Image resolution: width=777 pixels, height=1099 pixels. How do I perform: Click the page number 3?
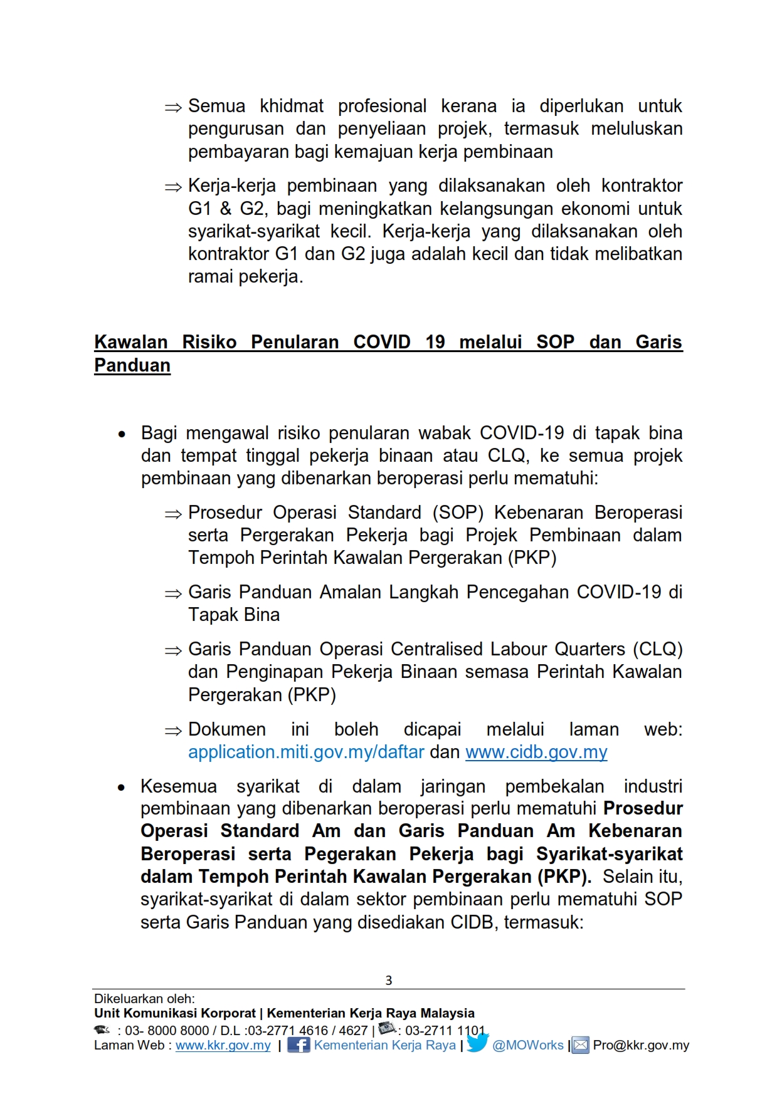coord(388,980)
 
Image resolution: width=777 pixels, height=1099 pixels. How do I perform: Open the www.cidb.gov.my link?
coord(536,752)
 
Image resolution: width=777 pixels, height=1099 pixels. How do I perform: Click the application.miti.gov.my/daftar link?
coord(306,752)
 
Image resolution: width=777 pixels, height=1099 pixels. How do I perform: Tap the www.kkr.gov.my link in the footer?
coord(223,1045)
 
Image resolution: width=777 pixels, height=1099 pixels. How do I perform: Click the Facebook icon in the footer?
coord(299,1044)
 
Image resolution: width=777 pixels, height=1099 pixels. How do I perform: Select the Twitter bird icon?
coord(477,1043)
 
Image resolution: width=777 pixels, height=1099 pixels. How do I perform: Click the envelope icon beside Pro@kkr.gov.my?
coord(581,1045)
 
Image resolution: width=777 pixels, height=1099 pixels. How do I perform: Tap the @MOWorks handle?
coord(527,1045)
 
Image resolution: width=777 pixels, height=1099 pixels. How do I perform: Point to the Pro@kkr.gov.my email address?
coord(641,1045)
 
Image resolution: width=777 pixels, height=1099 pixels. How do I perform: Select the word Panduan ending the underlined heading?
coord(132,365)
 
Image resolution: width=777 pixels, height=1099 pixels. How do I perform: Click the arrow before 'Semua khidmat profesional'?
coord(173,108)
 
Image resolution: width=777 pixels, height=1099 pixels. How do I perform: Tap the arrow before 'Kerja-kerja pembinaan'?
coord(173,187)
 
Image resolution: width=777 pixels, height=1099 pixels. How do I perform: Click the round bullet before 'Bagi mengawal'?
coord(122,434)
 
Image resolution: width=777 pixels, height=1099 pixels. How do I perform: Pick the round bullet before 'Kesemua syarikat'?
coord(122,788)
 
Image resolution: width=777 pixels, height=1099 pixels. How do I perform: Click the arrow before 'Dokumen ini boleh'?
coord(173,731)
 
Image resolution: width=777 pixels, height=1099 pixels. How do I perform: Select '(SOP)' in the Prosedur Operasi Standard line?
coord(458,513)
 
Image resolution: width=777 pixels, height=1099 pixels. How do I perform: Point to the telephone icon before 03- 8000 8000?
coord(102,1029)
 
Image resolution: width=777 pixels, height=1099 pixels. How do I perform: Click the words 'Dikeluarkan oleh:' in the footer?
coord(144,999)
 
